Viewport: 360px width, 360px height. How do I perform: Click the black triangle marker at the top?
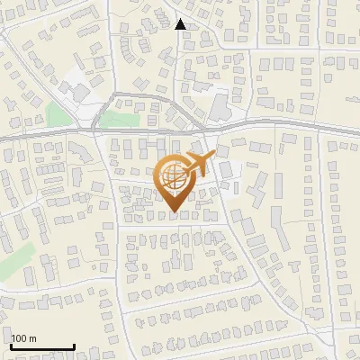(x=181, y=24)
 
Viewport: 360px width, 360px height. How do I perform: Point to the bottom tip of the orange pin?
(x=174, y=211)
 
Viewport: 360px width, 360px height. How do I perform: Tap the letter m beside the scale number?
(x=33, y=338)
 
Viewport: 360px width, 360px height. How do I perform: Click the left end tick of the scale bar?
(x=11, y=345)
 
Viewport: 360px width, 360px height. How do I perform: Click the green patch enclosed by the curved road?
(x=114, y=120)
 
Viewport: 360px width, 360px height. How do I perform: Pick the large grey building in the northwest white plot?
(x=76, y=92)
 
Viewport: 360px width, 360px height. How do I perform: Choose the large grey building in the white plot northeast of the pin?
(x=220, y=108)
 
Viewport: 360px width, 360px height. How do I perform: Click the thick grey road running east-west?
(x=270, y=125)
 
